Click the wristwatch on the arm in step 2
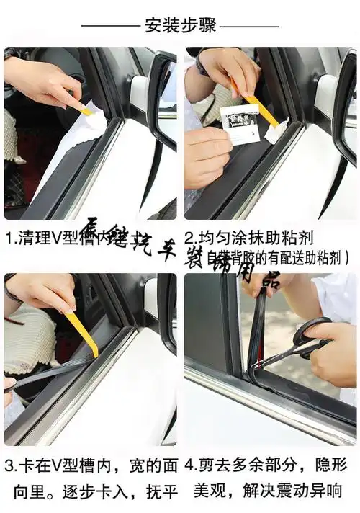point(202,67)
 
